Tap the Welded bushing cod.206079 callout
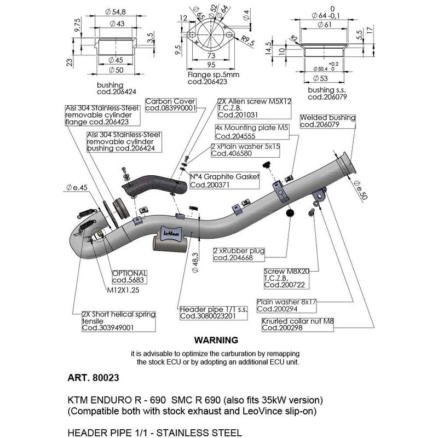tap(327, 121)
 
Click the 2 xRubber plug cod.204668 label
tap(239, 255)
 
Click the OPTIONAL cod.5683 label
tap(129, 276)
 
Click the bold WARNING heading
tap(216, 340)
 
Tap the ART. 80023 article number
tap(93, 377)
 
